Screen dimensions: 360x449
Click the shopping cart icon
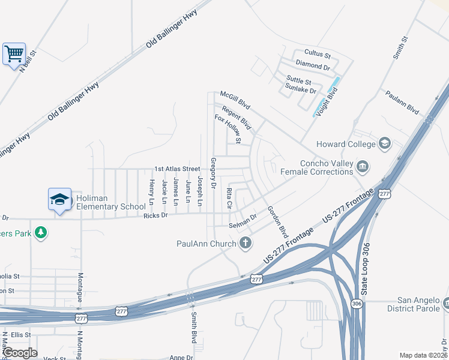[14, 54]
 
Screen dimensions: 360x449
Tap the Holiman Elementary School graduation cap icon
[59, 199]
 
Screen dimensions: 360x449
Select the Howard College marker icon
[385, 143]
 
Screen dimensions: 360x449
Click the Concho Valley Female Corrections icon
[363, 166]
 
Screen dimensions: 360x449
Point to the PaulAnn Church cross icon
[244, 243]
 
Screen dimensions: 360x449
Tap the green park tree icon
[41, 232]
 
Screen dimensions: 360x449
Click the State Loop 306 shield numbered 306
[357, 303]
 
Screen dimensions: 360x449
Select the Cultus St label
[318, 53]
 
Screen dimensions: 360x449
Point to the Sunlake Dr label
[301, 90]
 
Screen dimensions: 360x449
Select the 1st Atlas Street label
[176, 169]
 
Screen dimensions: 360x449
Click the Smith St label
[400, 47]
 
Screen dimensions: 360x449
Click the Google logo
[20, 353]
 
